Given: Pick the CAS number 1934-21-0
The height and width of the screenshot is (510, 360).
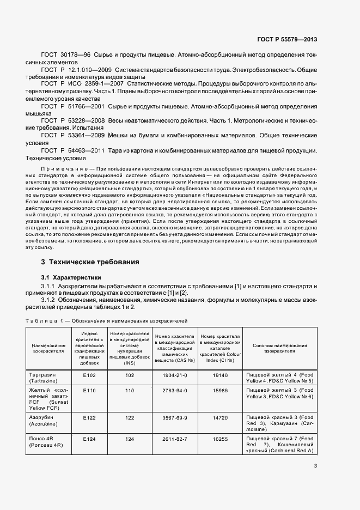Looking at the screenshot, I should [175, 375].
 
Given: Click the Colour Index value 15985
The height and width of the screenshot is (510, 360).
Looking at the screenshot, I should [219, 391].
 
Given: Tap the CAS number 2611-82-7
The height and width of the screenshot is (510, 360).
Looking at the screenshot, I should [175, 438].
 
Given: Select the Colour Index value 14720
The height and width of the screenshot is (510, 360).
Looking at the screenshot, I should [219, 417].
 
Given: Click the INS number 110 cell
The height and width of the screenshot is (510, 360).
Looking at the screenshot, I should [130, 391].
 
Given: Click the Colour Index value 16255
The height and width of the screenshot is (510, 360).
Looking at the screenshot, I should [219, 438].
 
